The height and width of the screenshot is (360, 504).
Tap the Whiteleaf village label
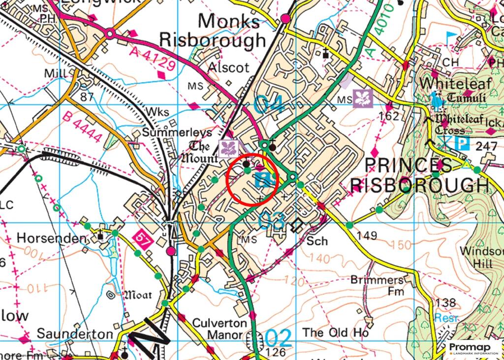point(448,82)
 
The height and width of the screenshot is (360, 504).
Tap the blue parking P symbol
point(462,144)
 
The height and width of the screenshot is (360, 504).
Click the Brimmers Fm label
point(378,285)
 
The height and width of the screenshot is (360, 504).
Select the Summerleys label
point(177,132)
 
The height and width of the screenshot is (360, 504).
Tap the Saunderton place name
point(75,334)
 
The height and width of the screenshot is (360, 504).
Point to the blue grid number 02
point(279,338)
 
